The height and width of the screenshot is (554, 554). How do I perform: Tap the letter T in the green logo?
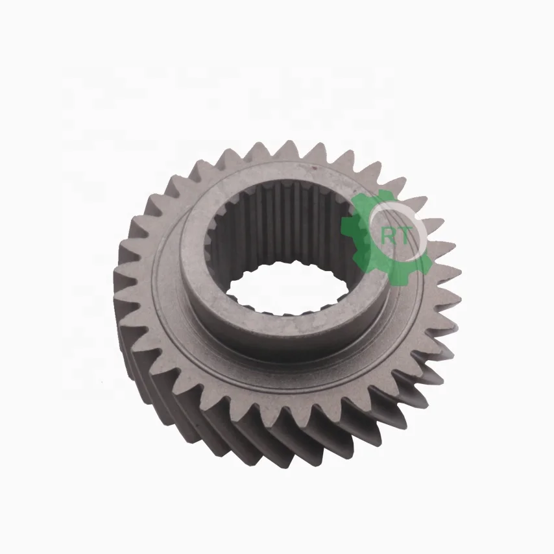point(405,237)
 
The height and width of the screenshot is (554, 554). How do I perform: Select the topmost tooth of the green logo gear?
point(383,195)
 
